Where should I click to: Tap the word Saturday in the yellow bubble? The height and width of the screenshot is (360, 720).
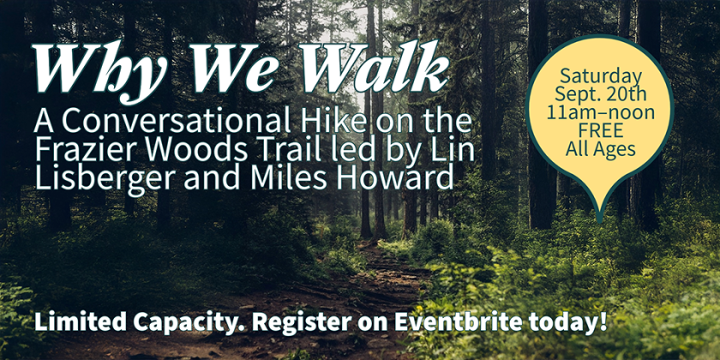coord(600,76)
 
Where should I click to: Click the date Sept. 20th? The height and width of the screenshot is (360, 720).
coord(600,94)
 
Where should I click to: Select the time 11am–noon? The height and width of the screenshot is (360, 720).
coord(600,112)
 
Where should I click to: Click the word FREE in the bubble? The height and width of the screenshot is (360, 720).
coord(600,130)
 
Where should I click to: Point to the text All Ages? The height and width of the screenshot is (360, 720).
coord(600,149)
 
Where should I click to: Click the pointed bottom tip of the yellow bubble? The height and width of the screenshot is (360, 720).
coord(599,222)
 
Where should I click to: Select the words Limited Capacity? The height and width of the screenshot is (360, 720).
coord(139,323)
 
